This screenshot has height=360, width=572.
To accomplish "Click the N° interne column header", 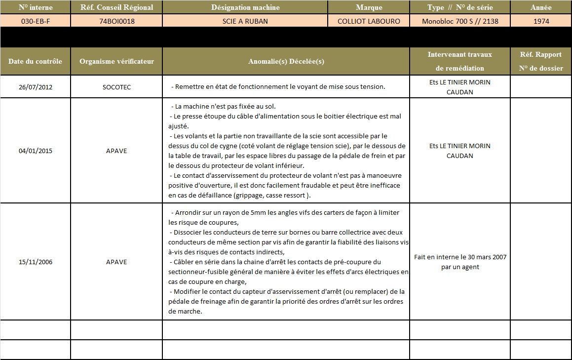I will (36, 7).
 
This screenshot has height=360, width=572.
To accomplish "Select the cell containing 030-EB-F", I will (36, 21).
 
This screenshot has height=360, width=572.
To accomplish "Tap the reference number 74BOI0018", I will (116, 21).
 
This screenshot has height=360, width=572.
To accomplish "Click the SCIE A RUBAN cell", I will (245, 21).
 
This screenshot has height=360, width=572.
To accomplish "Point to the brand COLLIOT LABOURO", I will (369, 21).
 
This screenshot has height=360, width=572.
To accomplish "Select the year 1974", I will (541, 21).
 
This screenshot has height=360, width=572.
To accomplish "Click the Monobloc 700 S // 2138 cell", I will (460, 21).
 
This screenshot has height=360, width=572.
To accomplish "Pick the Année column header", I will (541, 7).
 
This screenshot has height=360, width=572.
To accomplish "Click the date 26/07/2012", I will (36, 87).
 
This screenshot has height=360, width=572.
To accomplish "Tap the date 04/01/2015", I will (36, 151).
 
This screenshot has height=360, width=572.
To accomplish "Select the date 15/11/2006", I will (36, 262).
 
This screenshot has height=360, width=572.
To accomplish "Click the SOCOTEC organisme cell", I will (116, 87).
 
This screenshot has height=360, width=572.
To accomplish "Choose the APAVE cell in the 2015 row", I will (116, 151).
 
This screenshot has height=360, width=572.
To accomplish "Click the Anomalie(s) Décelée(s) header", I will (286, 62).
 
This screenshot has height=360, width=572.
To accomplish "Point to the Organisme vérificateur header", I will (116, 62).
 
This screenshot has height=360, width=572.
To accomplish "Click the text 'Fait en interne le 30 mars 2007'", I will (459, 257).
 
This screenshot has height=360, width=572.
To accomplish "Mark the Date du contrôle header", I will (36, 62).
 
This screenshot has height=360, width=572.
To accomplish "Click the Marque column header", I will (369, 7).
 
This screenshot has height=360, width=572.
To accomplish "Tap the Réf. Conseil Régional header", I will (116, 7).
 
